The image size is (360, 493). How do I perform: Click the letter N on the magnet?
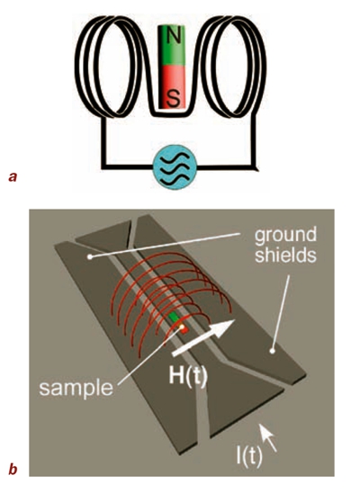pyautogui.click(x=172, y=36)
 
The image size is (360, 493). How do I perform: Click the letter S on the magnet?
pyautogui.click(x=173, y=97)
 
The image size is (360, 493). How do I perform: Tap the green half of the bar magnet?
pyautogui.click(x=172, y=46)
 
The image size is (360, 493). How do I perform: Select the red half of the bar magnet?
pyautogui.click(x=173, y=88)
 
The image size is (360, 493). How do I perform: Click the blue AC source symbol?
pyautogui.click(x=175, y=167)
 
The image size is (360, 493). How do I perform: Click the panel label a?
pyautogui.click(x=13, y=177)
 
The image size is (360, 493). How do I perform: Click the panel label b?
pyautogui.click(x=13, y=469)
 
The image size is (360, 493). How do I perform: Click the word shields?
pyautogui.click(x=285, y=255)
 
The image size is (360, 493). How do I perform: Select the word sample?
pyautogui.click(x=76, y=388)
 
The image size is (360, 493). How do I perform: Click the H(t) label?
pyautogui.click(x=188, y=375)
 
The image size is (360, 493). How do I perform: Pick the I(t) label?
pyautogui.click(x=249, y=457)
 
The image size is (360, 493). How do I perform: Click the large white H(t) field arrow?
pyautogui.click(x=203, y=337)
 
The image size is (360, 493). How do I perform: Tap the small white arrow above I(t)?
pyautogui.click(x=268, y=437)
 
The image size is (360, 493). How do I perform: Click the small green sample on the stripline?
pyautogui.click(x=174, y=318)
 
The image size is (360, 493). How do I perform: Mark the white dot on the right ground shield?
pyautogui.click(x=273, y=350)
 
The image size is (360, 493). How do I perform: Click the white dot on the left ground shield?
pyautogui.click(x=90, y=257)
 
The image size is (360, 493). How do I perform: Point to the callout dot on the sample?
pyautogui.click(x=182, y=327)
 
